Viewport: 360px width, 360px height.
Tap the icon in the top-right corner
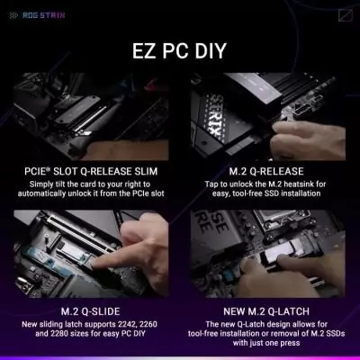click(346, 13)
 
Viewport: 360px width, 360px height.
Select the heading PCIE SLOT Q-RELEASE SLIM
click(96, 171)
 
